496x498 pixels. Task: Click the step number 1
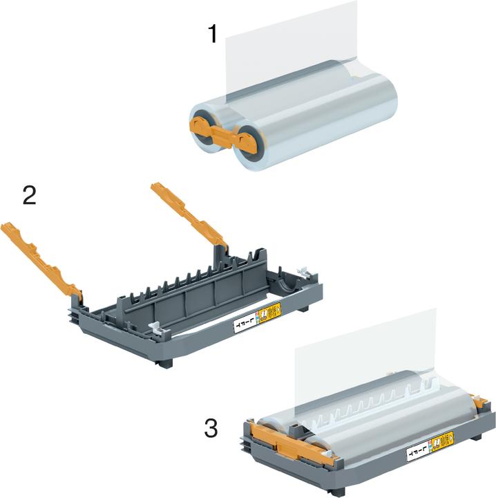point(214,33)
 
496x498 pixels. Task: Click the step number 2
point(30,195)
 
